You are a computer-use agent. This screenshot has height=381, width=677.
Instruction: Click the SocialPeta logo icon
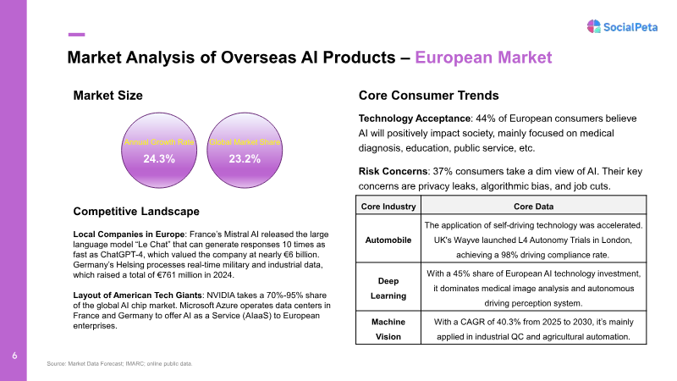594,26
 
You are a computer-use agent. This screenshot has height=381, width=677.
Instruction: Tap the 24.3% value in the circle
159,159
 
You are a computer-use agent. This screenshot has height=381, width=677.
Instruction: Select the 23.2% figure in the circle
245,159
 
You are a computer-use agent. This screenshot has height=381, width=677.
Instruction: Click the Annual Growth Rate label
159,142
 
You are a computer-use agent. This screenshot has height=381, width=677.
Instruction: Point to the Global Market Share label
245,142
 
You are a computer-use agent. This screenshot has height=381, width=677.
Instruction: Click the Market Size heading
108,96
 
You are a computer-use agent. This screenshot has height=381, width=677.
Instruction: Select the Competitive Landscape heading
136,211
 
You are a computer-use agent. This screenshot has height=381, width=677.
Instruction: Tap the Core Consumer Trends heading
429,96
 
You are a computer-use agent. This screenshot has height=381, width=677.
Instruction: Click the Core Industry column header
388,207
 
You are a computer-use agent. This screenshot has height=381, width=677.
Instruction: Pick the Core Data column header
534,207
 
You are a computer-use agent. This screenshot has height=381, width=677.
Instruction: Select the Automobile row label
388,240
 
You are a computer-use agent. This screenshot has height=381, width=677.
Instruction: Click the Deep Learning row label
388,288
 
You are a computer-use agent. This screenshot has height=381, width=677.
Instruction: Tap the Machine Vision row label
388,329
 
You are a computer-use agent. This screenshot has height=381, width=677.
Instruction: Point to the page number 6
14,356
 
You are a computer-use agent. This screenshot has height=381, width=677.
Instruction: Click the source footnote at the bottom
119,364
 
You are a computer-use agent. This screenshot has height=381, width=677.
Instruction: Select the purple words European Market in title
483,58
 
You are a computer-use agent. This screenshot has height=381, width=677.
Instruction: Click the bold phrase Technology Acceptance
415,119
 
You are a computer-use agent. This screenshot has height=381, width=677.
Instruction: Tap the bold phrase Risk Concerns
393,172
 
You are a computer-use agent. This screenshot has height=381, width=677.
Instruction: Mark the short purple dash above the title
76,35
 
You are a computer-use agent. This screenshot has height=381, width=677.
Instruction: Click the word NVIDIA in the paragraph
221,295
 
